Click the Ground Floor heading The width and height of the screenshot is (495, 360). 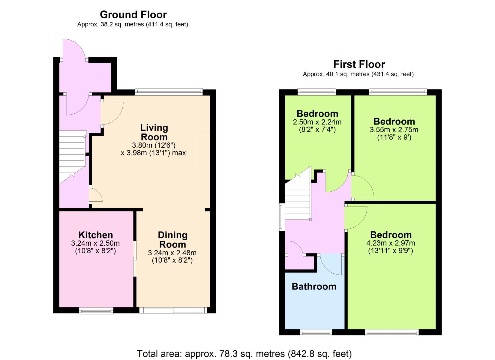point(133,15)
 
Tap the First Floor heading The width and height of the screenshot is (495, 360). point(359,64)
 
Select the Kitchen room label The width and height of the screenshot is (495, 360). point(96,235)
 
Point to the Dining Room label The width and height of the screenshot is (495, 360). point(173,240)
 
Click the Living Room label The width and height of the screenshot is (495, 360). point(154,132)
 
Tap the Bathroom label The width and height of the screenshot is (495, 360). point(314,286)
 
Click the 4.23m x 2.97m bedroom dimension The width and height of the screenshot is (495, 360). point(390,243)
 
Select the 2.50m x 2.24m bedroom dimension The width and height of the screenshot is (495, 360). point(317,122)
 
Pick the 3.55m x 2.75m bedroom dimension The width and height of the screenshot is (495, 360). point(394,130)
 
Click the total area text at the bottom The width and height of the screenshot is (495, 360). point(244,354)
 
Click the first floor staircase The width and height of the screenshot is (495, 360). point(298,193)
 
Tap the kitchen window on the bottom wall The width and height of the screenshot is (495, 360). point(96,311)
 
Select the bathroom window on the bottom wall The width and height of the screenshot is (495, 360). point(316,333)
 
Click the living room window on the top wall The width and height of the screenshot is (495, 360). point(169,92)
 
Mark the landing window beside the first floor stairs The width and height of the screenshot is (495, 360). point(281,217)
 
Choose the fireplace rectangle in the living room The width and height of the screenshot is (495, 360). point(202,150)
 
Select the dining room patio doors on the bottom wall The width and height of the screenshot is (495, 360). point(173,310)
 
